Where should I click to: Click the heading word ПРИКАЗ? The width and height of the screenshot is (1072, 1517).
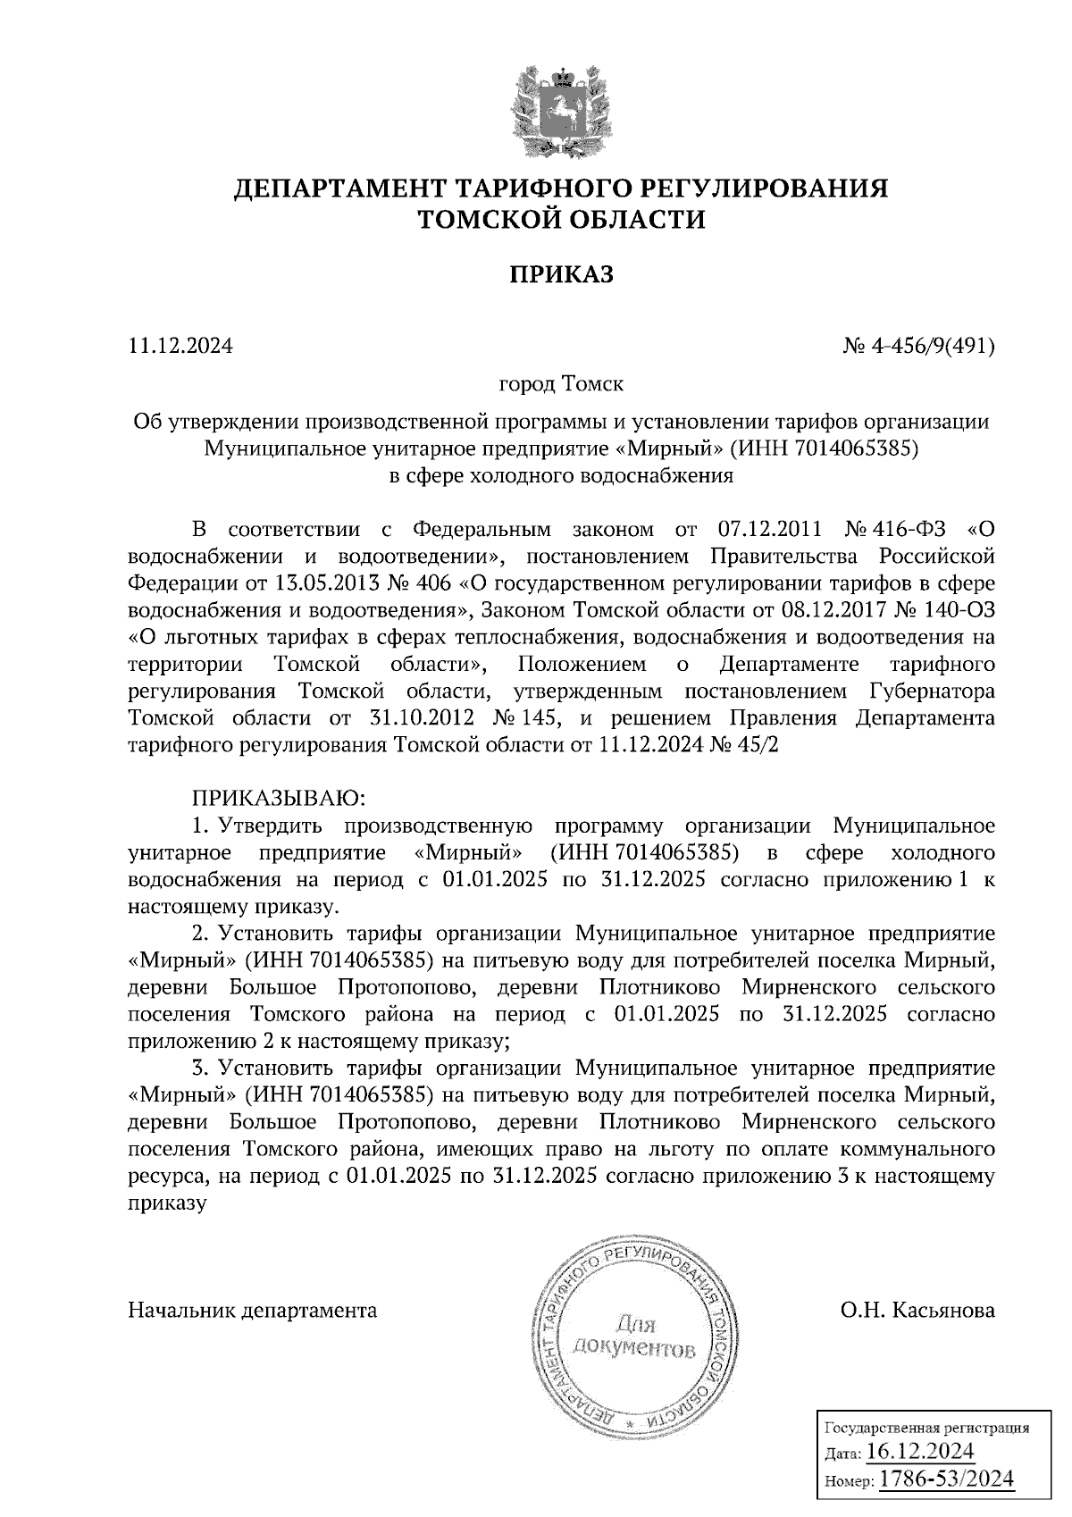tap(562, 274)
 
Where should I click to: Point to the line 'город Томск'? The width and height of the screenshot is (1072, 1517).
tap(561, 385)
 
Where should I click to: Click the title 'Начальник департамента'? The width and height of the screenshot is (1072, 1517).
tap(253, 1311)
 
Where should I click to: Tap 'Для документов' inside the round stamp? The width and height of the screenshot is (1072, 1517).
tap(632, 1334)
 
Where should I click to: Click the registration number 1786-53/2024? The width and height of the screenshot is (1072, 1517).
tap(946, 1479)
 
